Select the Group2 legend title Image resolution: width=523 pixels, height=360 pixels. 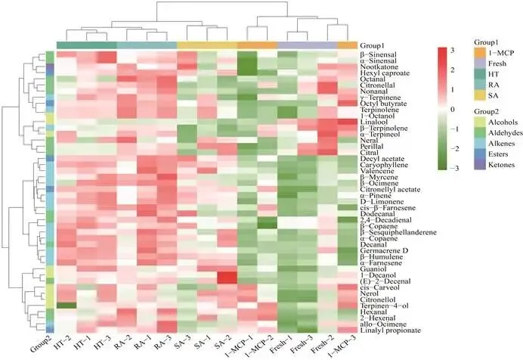pos(486,112)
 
